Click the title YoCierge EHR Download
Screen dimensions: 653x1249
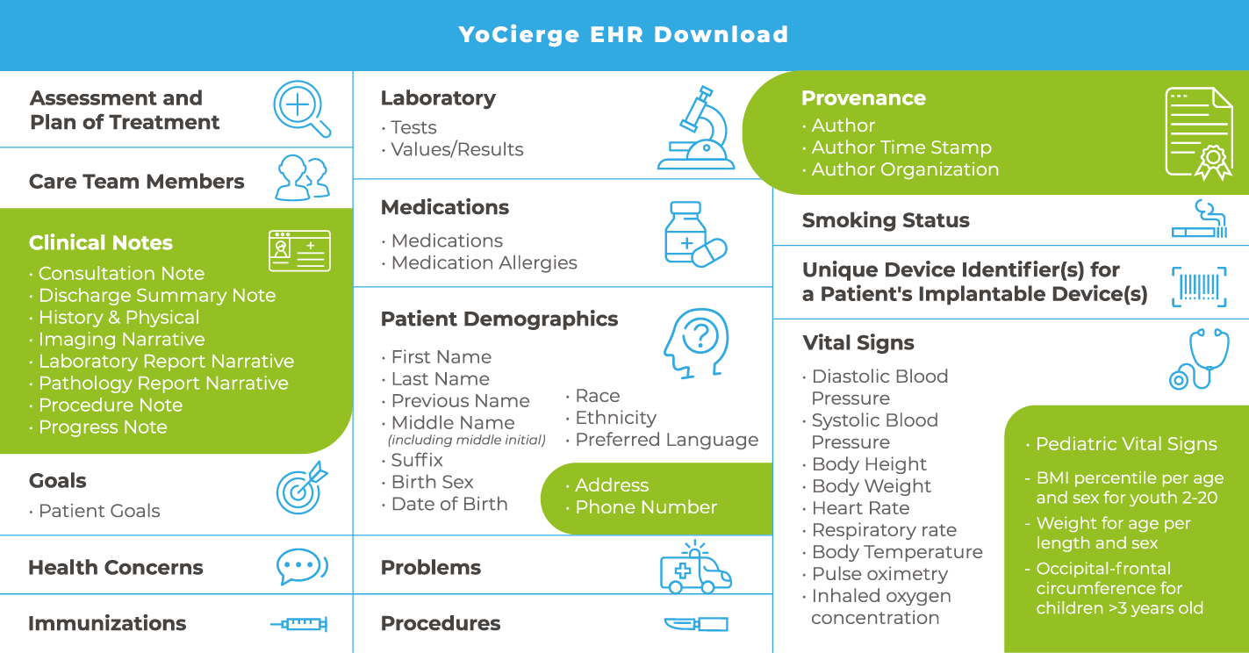click(x=623, y=35)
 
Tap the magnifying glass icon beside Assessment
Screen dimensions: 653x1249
click(x=301, y=109)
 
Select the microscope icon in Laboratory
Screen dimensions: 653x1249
click(x=697, y=128)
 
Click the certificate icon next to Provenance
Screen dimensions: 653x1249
click(x=1198, y=133)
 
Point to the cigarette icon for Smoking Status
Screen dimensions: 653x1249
click(x=1198, y=219)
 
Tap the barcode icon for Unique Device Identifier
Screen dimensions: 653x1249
click(x=1198, y=286)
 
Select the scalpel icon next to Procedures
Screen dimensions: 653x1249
click(x=696, y=624)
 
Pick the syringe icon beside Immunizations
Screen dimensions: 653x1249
click(x=299, y=624)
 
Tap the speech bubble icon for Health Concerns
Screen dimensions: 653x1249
click(x=301, y=567)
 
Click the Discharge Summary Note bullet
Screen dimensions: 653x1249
click(x=157, y=296)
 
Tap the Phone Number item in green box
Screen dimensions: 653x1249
click(x=646, y=507)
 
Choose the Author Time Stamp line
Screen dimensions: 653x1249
click(x=901, y=147)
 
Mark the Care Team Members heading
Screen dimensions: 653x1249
click(x=137, y=182)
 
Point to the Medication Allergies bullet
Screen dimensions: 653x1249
click(x=484, y=262)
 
